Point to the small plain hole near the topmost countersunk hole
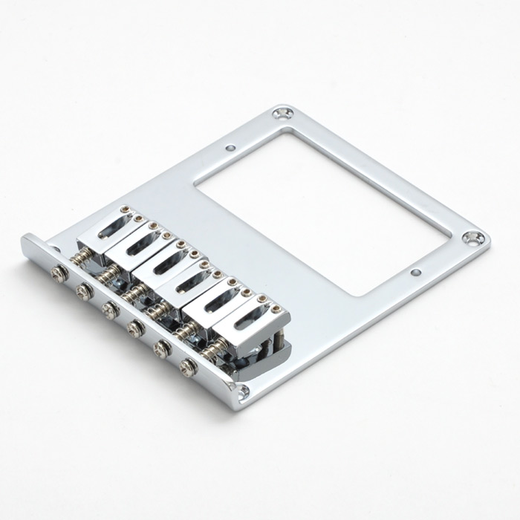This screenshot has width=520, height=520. (x=231, y=147)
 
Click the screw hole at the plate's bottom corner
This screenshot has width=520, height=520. (x=242, y=386)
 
